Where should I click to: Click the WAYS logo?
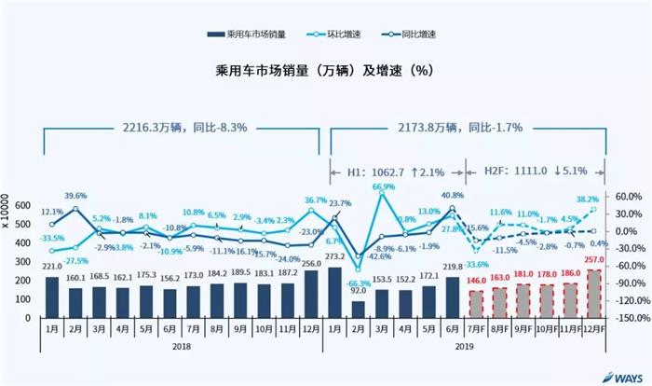click(618, 377)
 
